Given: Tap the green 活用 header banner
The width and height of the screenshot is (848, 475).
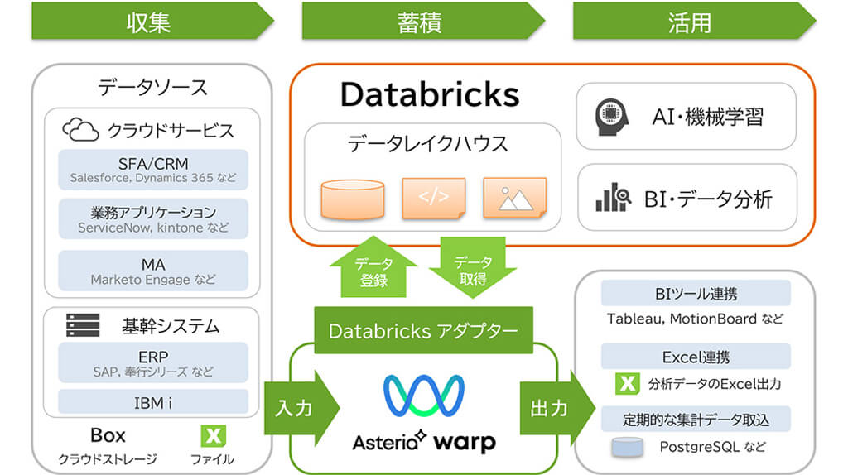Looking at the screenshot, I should click(x=691, y=22).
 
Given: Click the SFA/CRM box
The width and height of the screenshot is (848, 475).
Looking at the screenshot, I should click(x=154, y=169).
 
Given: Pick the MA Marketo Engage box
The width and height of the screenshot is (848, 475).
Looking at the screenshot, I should click(x=154, y=271).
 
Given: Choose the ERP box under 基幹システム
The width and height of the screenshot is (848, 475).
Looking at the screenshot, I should click(x=154, y=362).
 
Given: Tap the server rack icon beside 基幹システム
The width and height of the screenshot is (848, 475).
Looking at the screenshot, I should click(x=83, y=325).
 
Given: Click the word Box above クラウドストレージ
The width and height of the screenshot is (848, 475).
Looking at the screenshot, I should click(x=108, y=435).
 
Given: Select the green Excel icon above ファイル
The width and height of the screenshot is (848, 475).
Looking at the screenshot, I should click(x=214, y=435).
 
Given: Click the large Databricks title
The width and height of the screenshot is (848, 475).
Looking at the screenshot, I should click(x=429, y=94).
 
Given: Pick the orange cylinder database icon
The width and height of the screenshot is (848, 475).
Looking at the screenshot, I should click(x=352, y=199).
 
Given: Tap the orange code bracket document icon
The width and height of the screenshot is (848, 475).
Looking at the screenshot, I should click(x=433, y=199).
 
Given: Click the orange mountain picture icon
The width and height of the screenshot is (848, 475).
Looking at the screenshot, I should click(x=514, y=199).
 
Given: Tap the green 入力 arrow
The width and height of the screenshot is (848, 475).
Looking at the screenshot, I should click(x=299, y=408).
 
